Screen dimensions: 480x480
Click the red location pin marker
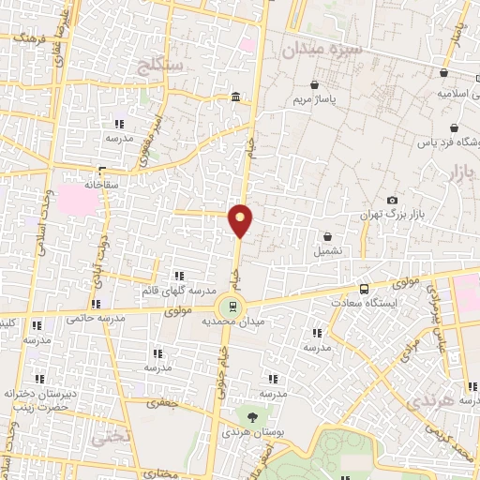click(x=241, y=219)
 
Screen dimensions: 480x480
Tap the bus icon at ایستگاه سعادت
click(x=365, y=289)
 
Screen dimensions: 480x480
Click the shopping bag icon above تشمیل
click(x=328, y=236)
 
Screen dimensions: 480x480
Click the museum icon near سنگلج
click(x=232, y=97)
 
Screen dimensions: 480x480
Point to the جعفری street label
click(x=159, y=401)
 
